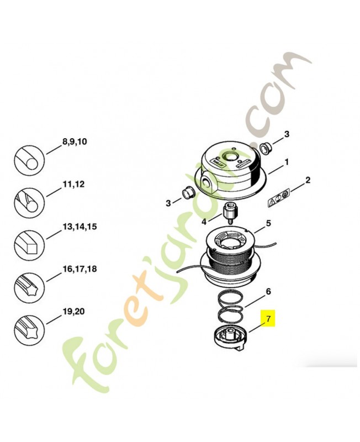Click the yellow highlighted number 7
[x=268, y=319]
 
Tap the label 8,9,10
[x=75, y=141]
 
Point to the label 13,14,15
[x=80, y=227]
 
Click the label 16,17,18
[x=80, y=269]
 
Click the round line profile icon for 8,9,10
[x=29, y=160]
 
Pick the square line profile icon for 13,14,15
[x=29, y=245]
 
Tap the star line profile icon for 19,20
[x=29, y=330]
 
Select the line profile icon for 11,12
[x=29, y=202]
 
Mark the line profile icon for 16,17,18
[x=29, y=287]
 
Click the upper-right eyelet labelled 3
[x=264, y=148]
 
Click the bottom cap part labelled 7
[x=230, y=338]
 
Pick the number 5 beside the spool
[x=268, y=223]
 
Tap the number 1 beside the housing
[x=287, y=162]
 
